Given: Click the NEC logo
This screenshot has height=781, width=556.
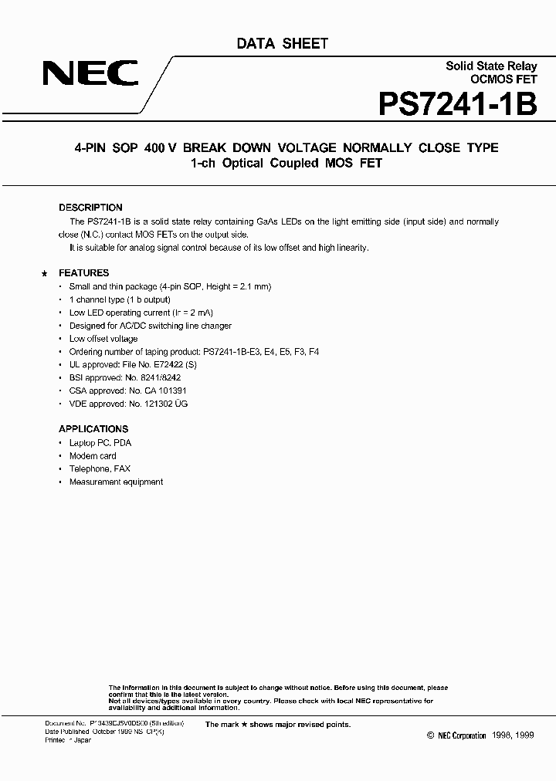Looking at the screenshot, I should pos(90,74).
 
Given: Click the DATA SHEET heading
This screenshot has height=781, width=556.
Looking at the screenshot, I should pos(282,44).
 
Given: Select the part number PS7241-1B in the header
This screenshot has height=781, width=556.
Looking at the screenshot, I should pos(457,104).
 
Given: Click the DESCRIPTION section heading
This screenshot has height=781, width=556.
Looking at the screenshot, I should pos(90,208).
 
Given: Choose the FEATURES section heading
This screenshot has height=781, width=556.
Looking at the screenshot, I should pos(84,273).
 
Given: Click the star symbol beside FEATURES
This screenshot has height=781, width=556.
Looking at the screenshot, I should pos(44,274).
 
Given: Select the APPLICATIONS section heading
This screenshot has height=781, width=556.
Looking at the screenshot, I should pos(93,429).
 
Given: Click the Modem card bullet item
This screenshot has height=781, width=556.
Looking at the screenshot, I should pos(93,456).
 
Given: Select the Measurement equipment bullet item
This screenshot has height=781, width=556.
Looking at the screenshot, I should pos(116,482).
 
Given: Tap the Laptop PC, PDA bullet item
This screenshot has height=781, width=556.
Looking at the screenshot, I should pos(100,443).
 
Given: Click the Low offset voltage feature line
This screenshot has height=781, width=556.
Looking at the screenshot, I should pos(103,339).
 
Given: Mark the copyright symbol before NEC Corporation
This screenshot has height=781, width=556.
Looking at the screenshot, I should pos(431,736).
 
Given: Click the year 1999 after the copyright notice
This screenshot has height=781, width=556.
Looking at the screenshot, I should pos(522,736).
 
